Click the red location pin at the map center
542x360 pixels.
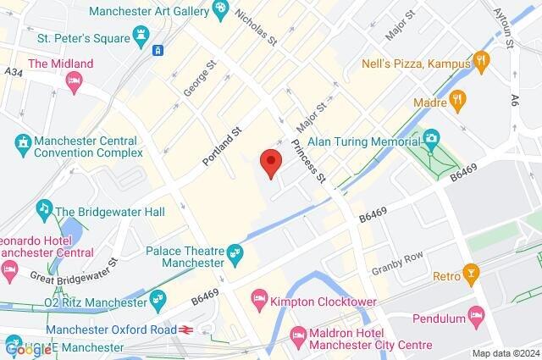[x=270, y=161]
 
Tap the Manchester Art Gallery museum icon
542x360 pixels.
[x=220, y=10]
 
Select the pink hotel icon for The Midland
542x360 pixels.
[x=74, y=80]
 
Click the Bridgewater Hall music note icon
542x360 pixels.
[x=42, y=208]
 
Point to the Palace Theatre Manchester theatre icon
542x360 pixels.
[x=236, y=252]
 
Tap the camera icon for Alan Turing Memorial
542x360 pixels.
[x=431, y=137]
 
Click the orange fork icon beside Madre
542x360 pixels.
[x=457, y=100]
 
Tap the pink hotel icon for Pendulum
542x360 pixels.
[x=477, y=318]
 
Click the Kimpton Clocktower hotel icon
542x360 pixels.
[x=259, y=298]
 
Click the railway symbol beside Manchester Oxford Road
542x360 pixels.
[x=185, y=330]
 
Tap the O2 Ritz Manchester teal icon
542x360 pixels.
[x=158, y=298]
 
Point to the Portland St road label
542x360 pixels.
[x=222, y=146]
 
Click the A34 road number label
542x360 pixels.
[x=13, y=73]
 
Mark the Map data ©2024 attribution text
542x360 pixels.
[x=505, y=353]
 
